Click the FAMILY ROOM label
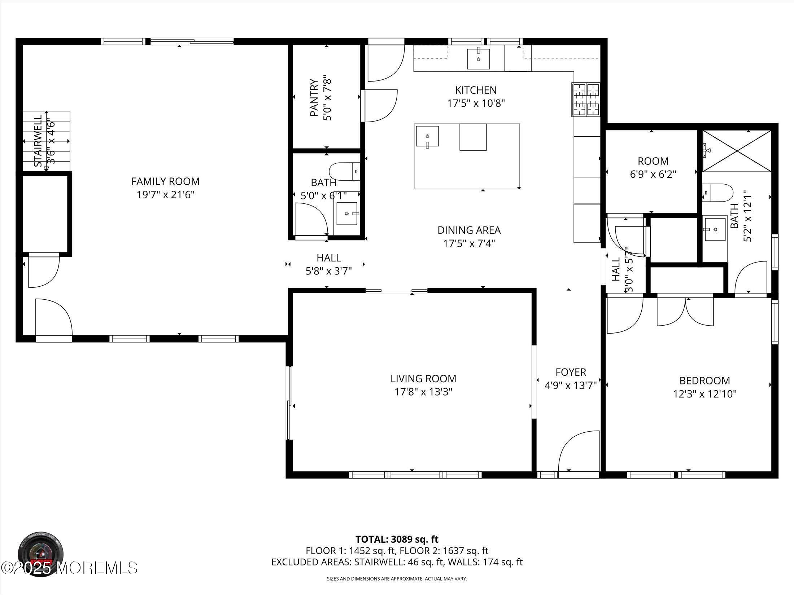165,181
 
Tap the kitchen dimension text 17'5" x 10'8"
476,103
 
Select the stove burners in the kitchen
585,100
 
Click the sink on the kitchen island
427,136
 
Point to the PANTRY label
314,98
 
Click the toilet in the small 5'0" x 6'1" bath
345,172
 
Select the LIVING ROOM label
423,379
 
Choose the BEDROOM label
704,380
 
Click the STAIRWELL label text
38,141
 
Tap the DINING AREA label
469,230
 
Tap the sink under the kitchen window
478,58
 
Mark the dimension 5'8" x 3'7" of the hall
328,271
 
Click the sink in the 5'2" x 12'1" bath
715,229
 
